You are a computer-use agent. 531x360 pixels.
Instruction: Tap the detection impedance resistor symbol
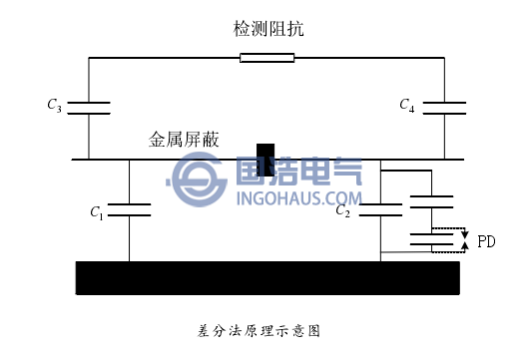(x=266, y=58)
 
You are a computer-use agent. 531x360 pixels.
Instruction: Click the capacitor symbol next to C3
(x=88, y=105)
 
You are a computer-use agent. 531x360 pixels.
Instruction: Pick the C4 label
(x=406, y=104)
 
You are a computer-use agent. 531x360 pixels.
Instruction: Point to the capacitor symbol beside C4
(x=443, y=105)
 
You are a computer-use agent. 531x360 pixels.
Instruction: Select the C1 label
(x=96, y=211)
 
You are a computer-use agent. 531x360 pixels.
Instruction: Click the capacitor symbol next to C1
(x=129, y=210)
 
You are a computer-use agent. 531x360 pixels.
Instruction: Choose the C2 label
(x=342, y=210)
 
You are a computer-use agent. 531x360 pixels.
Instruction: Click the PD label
(x=486, y=241)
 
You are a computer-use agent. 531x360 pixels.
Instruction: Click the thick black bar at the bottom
(x=267, y=277)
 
